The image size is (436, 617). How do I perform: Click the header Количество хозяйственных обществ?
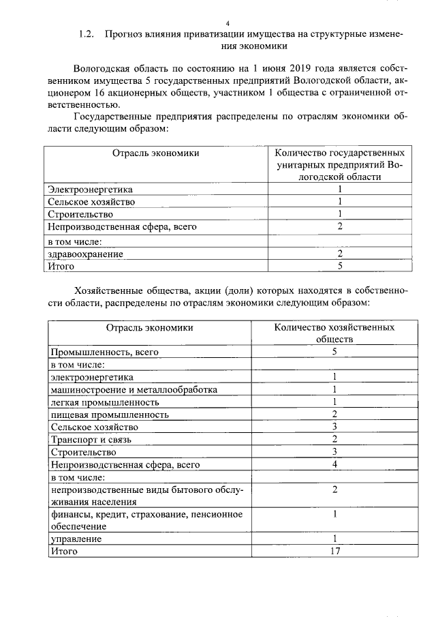click(334, 333)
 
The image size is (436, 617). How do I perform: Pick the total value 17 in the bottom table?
click(334, 552)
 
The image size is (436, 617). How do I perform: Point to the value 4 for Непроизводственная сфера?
click(334, 464)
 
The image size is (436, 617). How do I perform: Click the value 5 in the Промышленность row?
click(334, 352)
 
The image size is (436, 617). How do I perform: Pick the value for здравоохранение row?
click(339, 254)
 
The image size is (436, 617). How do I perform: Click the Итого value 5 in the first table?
click(339, 266)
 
